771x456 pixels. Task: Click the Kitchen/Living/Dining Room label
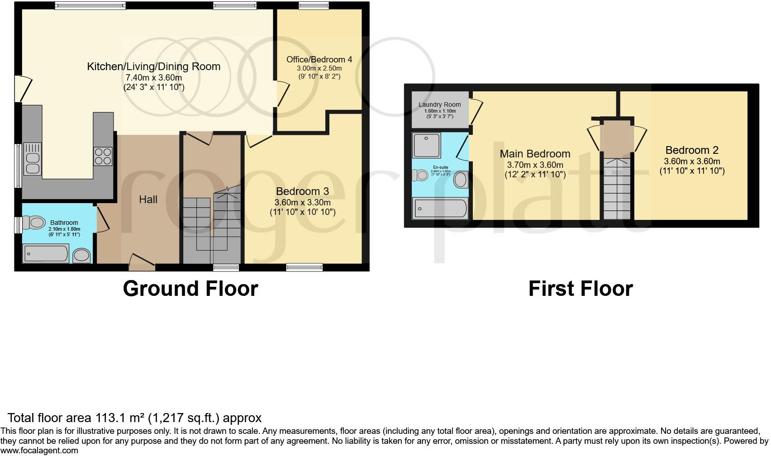point(153,66)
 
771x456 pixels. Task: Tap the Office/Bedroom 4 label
point(319,59)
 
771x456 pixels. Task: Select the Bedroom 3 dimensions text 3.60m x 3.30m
point(302,202)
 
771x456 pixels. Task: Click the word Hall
point(148,199)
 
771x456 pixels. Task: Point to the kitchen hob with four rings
point(103,156)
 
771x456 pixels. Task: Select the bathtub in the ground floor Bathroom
point(45,253)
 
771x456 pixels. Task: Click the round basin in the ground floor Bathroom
point(82,255)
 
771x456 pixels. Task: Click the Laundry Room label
point(439,104)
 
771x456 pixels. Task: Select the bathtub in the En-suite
point(439,209)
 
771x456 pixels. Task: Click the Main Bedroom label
point(535,154)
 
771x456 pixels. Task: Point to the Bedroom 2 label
point(692,150)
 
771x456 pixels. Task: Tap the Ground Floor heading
point(190,289)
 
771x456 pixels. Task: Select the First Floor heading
point(581,289)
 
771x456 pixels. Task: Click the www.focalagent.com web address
point(39,451)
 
